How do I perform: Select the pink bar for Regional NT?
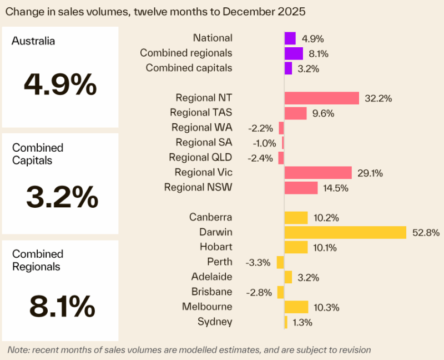coord(322,98)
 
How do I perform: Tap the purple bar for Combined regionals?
coord(294,53)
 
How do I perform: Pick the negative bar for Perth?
coord(280,262)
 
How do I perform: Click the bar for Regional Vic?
coord(318,173)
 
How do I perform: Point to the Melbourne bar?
coord(296,307)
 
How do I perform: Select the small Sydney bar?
coord(286,322)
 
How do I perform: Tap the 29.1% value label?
coord(370,173)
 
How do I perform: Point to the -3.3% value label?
coord(259,263)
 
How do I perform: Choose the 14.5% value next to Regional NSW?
coord(336,188)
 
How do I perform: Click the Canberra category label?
coord(210,217)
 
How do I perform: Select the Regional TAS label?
coord(204,113)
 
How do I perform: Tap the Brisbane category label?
coord(211,292)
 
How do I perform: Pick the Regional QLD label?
coord(200,157)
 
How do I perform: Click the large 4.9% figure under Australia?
coord(60,85)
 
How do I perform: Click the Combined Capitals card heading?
coord(38,153)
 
